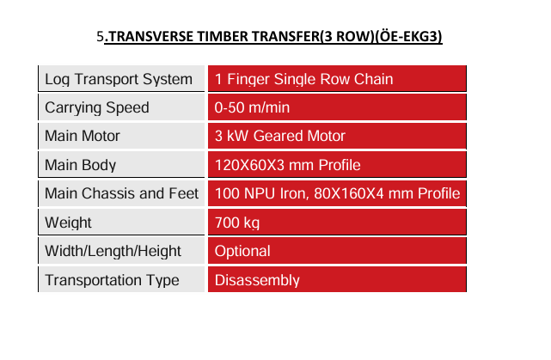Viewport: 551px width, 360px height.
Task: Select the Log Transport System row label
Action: click(x=119, y=79)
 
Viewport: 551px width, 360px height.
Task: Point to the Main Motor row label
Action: click(x=83, y=136)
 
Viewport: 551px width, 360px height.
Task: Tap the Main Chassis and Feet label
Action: click(x=121, y=193)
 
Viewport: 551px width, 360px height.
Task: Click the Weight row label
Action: click(x=68, y=223)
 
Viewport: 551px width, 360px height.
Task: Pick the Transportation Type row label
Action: click(x=112, y=280)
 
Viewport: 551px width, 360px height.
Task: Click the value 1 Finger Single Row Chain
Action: click(x=303, y=79)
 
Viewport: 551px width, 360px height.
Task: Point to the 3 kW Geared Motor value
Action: click(x=279, y=136)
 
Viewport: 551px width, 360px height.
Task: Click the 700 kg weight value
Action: click(x=237, y=223)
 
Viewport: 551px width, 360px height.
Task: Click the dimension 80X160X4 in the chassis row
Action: click(x=349, y=193)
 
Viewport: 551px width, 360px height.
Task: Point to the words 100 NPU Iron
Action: click(x=262, y=193)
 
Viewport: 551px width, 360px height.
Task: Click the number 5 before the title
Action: click(x=101, y=37)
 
